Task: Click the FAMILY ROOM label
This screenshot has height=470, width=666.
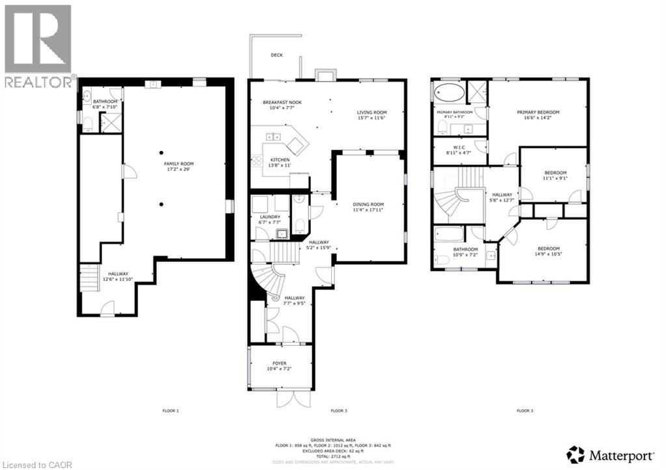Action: pyautogui.click(x=178, y=164)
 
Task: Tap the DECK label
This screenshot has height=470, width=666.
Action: pyautogui.click(x=276, y=55)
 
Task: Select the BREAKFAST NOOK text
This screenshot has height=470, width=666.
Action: pyautogui.click(x=282, y=103)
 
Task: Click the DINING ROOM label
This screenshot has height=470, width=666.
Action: pyautogui.click(x=368, y=204)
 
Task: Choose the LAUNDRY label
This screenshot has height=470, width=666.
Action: pyautogui.click(x=269, y=216)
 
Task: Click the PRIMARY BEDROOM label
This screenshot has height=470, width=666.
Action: pyautogui.click(x=538, y=112)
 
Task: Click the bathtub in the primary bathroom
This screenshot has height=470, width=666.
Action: pyautogui.click(x=449, y=92)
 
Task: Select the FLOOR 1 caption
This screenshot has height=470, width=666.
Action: pyautogui.click(x=170, y=411)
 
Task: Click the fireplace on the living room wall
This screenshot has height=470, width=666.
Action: pyautogui.click(x=323, y=75)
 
